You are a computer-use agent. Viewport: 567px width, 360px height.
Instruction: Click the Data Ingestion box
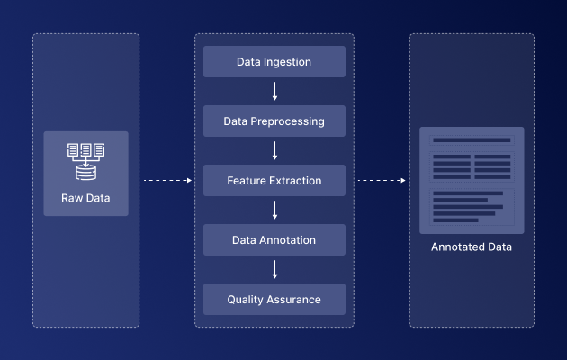coord(274,61)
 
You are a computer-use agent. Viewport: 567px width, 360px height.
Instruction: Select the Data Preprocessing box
coord(274,121)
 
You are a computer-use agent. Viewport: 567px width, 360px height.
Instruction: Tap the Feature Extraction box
coord(274,180)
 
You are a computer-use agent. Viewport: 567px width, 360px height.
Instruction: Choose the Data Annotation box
coord(274,240)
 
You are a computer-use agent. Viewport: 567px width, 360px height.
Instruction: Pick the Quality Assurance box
coord(274,300)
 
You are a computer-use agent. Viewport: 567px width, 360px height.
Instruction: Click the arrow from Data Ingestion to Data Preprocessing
coord(274,91)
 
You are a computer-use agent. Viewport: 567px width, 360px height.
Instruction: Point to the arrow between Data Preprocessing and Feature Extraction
coord(274,150)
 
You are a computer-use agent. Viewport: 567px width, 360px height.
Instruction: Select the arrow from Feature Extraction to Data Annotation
coord(274,210)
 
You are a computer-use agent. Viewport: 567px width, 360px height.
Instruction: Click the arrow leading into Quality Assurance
coord(274,269)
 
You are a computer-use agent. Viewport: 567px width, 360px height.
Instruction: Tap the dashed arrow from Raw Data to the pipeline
coord(167,180)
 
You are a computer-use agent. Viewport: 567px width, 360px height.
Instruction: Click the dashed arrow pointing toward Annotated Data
coord(382,180)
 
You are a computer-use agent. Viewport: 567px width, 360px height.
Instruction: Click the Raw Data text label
coord(85,198)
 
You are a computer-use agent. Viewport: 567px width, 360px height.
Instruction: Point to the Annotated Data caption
coord(472,247)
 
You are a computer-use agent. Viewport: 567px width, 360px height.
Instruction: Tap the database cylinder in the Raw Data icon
coord(86,173)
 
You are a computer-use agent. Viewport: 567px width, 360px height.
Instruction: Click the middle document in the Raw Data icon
coord(86,149)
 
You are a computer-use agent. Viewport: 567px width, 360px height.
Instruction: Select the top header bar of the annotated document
coord(472,140)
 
